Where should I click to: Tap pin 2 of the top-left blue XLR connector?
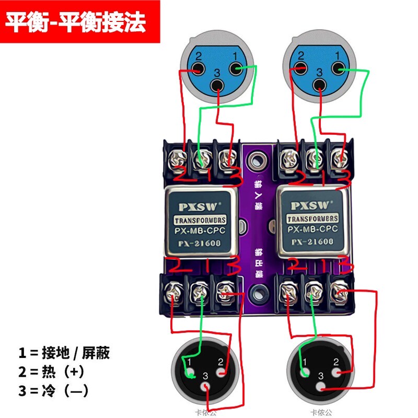pos(198,68)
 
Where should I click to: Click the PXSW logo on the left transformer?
pos(202,204)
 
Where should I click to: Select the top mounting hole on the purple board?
pos(257,159)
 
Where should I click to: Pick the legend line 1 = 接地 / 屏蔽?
pos(64,353)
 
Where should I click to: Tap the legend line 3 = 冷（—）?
pos(53,390)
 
